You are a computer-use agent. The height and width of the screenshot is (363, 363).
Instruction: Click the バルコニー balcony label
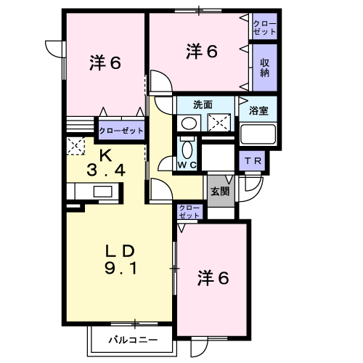pos(133,340)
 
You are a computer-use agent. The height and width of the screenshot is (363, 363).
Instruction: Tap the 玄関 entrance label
pos(220,191)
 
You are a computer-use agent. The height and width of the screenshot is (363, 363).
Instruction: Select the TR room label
pos(253,161)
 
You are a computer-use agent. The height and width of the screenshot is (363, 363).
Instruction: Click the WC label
pos(187,165)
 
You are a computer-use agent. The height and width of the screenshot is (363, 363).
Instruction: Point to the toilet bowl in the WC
pos(187,148)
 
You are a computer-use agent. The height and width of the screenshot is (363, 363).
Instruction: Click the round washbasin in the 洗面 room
pos(189,123)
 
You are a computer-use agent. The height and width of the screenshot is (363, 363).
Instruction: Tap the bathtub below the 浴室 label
pos(258,134)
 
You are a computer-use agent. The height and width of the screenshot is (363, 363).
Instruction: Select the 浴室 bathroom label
pos(258,110)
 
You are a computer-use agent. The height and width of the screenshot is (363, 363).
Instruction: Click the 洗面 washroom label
pos(203,105)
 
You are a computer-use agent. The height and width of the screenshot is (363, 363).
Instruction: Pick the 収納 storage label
pos(265,68)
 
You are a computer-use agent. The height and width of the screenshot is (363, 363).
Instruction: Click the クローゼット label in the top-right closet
pos(264,28)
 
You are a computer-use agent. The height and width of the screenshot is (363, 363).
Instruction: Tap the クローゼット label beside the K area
pos(121,131)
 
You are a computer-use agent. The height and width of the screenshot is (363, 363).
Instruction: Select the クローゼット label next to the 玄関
pos(189,211)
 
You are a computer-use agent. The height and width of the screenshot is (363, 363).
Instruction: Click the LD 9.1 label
pos(121,260)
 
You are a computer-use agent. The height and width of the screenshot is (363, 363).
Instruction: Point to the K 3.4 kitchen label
pos(106,163)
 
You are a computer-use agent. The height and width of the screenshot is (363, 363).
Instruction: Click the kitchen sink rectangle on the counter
pos(103,192)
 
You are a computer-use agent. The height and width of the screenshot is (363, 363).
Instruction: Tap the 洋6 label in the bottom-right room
pos(213,278)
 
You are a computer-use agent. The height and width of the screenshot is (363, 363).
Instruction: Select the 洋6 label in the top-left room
pos(105,62)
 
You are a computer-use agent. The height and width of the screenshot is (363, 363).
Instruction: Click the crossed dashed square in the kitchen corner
pos(76,146)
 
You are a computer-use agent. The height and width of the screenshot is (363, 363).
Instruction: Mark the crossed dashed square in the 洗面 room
pos(219,123)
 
